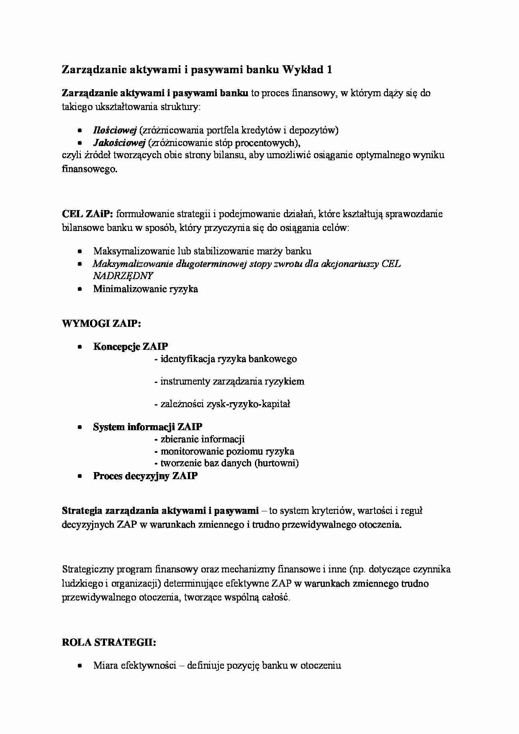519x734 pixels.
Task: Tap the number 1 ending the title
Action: click(329, 70)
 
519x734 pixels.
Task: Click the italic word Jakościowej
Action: click(119, 143)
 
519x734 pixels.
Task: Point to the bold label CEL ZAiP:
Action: click(87, 214)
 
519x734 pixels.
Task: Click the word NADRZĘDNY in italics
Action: click(123, 276)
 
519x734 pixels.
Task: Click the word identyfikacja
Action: click(188, 359)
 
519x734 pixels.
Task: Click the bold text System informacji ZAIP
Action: click(147, 427)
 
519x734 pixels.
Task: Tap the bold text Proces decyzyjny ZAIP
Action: click(145, 476)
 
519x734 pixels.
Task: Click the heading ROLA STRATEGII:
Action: click(109, 643)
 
